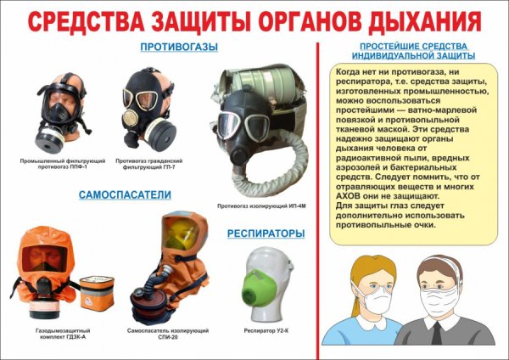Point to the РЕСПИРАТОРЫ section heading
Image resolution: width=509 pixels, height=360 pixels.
tap(265, 232)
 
